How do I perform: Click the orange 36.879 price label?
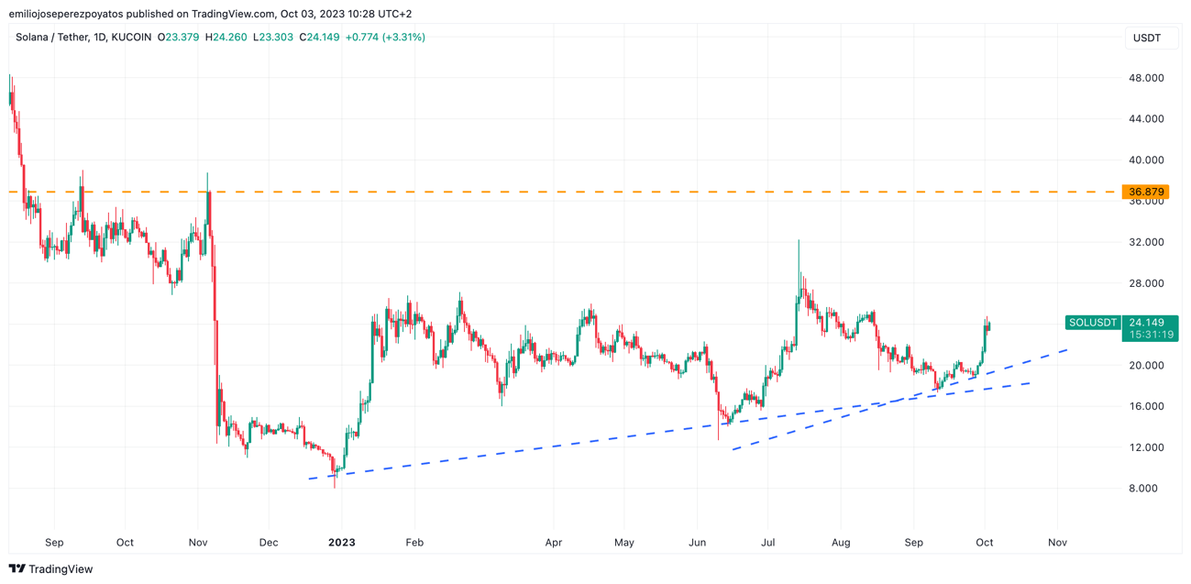tap(1146, 193)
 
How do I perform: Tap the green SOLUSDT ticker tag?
tap(1093, 323)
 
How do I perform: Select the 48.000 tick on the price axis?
tap(1146, 78)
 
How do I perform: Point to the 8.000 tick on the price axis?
tap(1146, 489)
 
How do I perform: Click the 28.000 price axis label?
tap(1146, 283)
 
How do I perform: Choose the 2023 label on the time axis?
tap(341, 543)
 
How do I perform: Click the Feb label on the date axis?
tap(414, 543)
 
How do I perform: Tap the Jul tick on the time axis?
tap(767, 543)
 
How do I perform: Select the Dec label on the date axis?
tap(268, 543)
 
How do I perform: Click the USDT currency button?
tap(1147, 38)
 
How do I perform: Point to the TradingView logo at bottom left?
tap(50, 569)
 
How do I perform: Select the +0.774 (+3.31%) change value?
tap(385, 38)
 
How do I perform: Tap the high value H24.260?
tap(226, 38)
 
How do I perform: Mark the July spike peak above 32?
tap(799, 241)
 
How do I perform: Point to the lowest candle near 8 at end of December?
tap(335, 486)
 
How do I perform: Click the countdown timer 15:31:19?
tap(1151, 335)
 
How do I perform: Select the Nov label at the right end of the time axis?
tap(1057, 543)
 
